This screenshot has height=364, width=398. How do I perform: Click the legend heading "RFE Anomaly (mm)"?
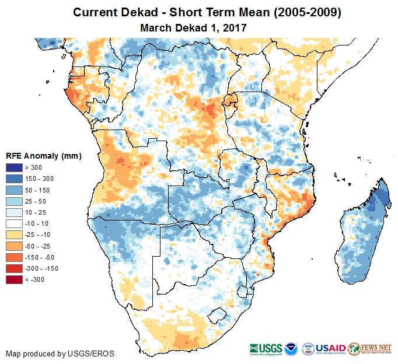(x=44, y=156)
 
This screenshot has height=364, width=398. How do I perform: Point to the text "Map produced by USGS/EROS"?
(x=60, y=353)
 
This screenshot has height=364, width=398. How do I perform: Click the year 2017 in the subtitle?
(x=234, y=27)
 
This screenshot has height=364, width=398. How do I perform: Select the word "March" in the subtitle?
(x=155, y=27)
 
